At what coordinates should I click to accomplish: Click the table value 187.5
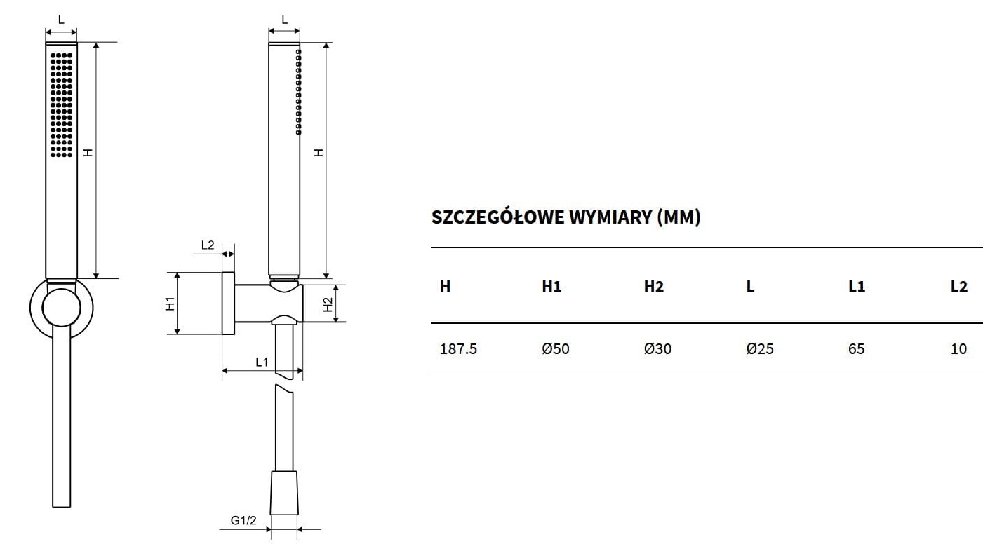458,349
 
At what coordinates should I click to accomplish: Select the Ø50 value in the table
556,349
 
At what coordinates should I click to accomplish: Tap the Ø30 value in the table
658,349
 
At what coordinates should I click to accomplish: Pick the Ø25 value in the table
760,349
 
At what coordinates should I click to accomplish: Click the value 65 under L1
856,349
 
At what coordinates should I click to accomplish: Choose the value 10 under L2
959,349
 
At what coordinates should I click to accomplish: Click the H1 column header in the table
551,286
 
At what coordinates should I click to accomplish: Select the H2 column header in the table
654,286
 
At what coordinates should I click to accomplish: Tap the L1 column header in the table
857,286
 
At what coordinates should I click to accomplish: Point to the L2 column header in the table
959,286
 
